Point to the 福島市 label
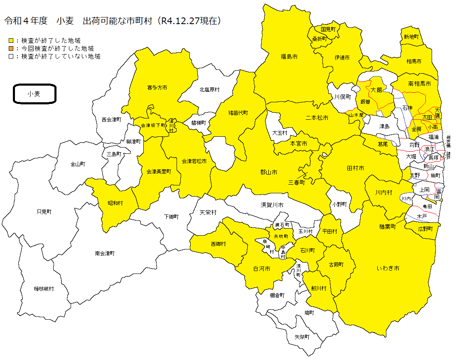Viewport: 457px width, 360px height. [x=289, y=57]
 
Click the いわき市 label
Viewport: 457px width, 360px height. [x=388, y=269]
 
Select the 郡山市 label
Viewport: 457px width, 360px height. [x=269, y=172]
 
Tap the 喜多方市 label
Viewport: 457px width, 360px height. [x=157, y=88]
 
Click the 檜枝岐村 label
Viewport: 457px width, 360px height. [x=44, y=288]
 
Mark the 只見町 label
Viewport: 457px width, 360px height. [x=44, y=212]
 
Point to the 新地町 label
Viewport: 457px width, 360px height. [x=411, y=37]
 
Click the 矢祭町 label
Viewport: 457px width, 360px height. [x=302, y=337]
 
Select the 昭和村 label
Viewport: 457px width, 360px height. [x=115, y=203]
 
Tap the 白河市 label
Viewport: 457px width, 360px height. [x=262, y=269]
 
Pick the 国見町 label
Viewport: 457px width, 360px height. [x=331, y=29]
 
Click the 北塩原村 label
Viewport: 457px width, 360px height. [x=209, y=89]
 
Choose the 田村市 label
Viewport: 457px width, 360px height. [x=355, y=168]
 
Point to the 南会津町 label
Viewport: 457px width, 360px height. [x=105, y=253]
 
